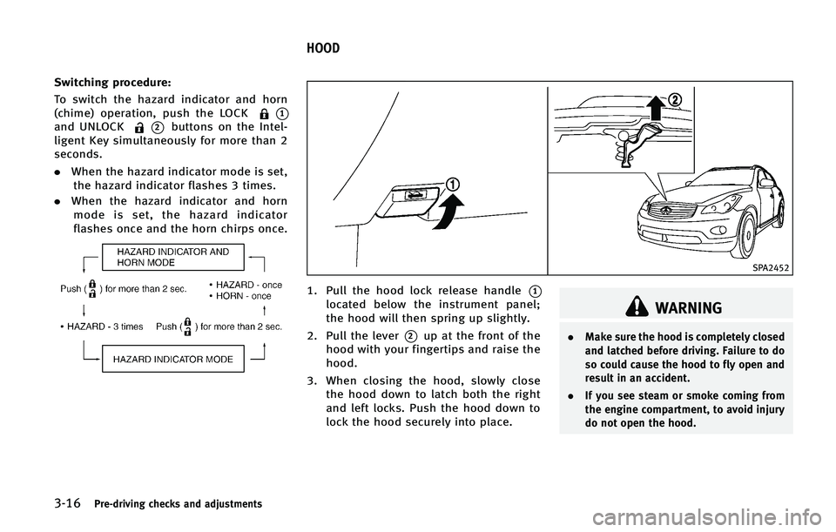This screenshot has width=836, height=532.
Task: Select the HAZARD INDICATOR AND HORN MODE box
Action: point(175,257)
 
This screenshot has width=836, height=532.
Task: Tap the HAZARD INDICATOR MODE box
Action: point(174,360)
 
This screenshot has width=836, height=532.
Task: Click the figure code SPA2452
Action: point(768,268)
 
